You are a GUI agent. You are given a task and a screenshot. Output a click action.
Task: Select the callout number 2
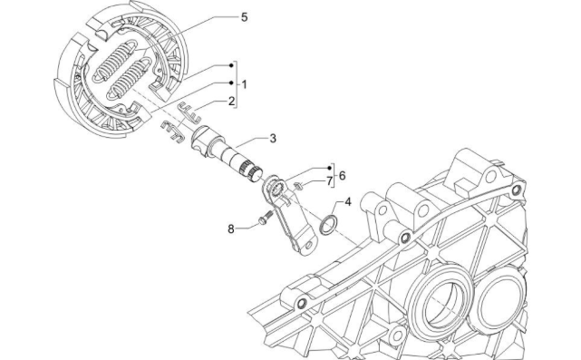tap(231, 101)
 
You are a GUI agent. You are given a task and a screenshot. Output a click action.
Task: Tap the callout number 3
tap(274, 138)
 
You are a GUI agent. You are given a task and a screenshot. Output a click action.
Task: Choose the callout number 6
tap(343, 174)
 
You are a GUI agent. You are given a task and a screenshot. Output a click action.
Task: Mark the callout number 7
tap(330, 180)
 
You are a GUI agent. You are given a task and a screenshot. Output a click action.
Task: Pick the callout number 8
tap(231, 229)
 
